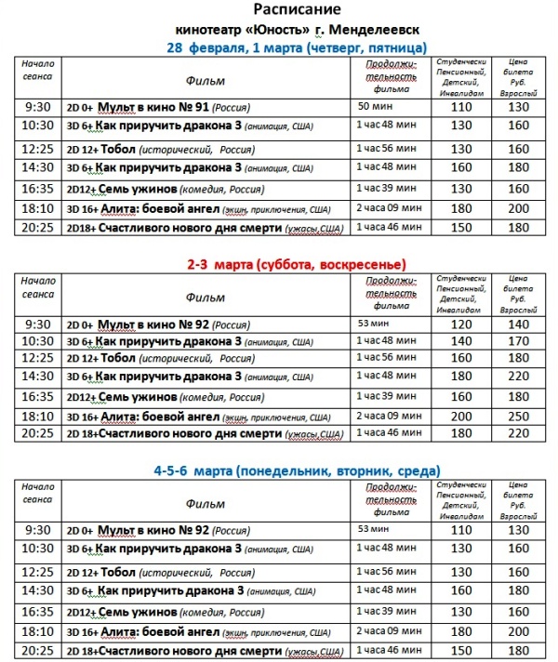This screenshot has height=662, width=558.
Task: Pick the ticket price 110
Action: [461, 108]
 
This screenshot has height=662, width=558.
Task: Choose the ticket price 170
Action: [518, 340]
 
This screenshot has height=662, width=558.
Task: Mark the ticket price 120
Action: [461, 324]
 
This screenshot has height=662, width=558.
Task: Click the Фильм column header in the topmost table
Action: [205, 81]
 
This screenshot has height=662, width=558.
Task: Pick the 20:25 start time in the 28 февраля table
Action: [40, 227]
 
